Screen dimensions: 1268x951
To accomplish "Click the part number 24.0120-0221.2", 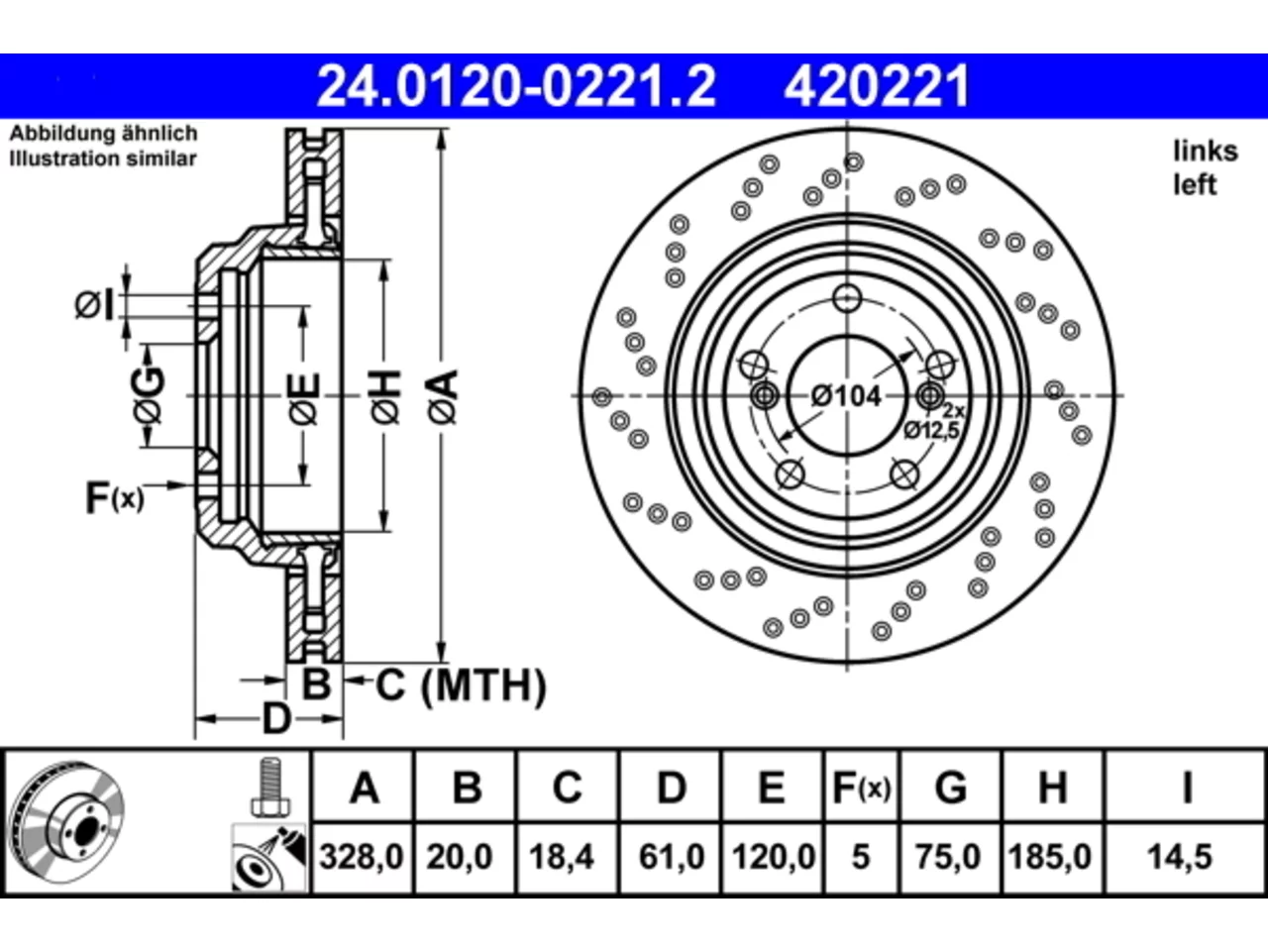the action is [516, 86].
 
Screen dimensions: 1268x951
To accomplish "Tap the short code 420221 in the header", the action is [877, 86].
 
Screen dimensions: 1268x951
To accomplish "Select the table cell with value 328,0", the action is [362, 856].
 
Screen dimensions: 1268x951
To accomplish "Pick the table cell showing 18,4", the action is [562, 856].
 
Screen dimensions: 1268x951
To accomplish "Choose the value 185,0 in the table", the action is [1050, 856].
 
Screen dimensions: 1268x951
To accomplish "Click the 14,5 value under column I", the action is [1179, 856].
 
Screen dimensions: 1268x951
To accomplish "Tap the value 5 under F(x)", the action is [861, 856].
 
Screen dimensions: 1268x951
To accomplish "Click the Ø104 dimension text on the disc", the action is [846, 396].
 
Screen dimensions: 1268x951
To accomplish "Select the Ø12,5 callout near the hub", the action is [931, 430].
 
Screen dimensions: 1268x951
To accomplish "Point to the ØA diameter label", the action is [443, 396].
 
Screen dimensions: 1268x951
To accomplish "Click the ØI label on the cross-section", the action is [94, 305].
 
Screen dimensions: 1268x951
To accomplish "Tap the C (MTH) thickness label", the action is [461, 686].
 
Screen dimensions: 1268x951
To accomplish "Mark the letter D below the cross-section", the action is [276, 719].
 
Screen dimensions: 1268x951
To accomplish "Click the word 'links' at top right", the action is [1206, 152].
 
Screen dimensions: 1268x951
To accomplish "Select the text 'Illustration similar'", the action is [103, 158].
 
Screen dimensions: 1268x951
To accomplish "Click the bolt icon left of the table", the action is [269, 787].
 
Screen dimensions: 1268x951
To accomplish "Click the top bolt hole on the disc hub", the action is [847, 298].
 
